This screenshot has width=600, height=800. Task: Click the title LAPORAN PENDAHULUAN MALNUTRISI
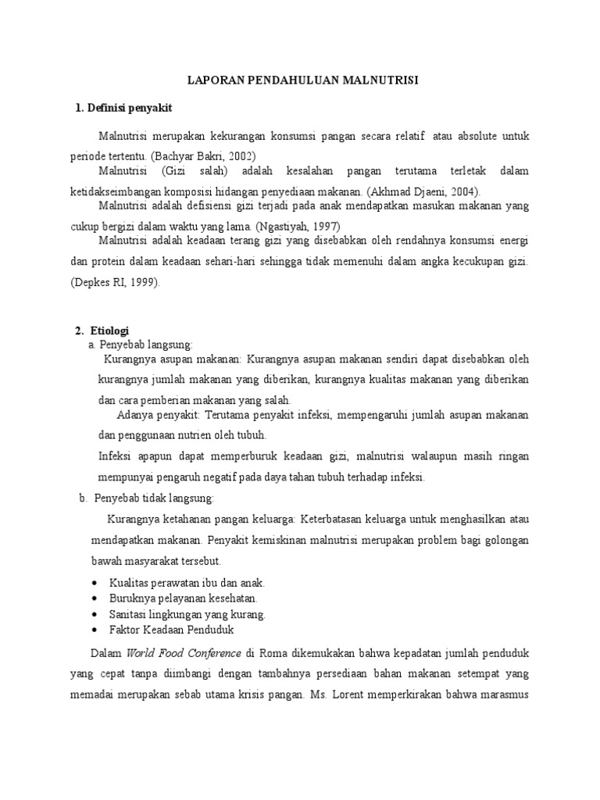pos(299,80)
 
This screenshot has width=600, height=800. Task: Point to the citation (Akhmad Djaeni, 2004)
pos(420,191)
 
